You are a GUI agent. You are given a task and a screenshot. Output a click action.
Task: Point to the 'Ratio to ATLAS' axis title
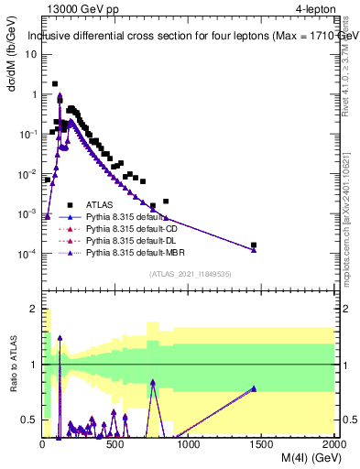tap(12, 365)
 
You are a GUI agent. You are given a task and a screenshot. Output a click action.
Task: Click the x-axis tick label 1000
tap(189, 443)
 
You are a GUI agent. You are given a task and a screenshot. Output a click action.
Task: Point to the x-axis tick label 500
tap(115, 443)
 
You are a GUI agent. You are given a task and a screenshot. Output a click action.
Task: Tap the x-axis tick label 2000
tap(333, 443)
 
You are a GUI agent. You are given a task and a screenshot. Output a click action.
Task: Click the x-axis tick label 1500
tap(262, 443)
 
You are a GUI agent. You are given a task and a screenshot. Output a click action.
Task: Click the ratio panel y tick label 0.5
tap(31, 420)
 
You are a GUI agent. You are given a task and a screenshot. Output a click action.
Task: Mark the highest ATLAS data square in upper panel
tap(55, 83)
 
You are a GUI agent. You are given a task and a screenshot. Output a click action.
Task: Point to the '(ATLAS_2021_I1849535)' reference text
tap(189, 273)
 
